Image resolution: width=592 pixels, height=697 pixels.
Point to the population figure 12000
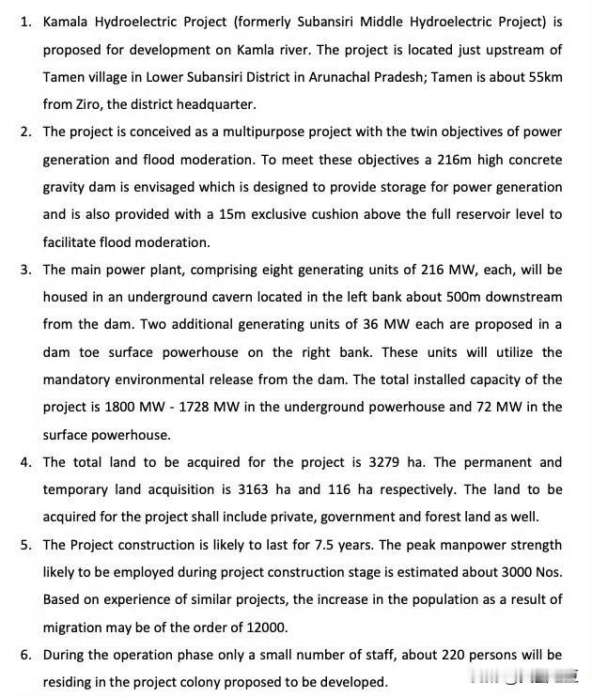[x=261, y=627]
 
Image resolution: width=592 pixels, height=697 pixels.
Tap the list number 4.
[x=25, y=462]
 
